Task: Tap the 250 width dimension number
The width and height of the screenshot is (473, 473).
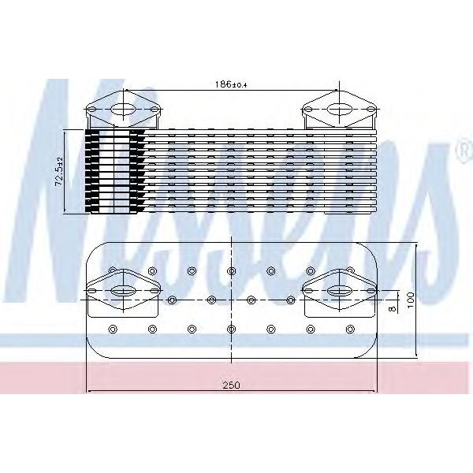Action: click(229, 385)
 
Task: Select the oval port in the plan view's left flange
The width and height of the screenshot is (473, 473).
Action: click(121, 291)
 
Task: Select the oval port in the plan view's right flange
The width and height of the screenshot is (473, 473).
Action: click(340, 291)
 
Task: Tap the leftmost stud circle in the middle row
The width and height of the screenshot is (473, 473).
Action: click(172, 300)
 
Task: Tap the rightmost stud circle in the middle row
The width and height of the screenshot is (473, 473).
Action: click(290, 300)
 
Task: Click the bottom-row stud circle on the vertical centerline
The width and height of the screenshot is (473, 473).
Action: click(230, 328)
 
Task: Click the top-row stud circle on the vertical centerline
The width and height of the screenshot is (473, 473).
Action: click(230, 271)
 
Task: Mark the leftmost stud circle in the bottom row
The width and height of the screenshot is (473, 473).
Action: click(111, 328)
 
